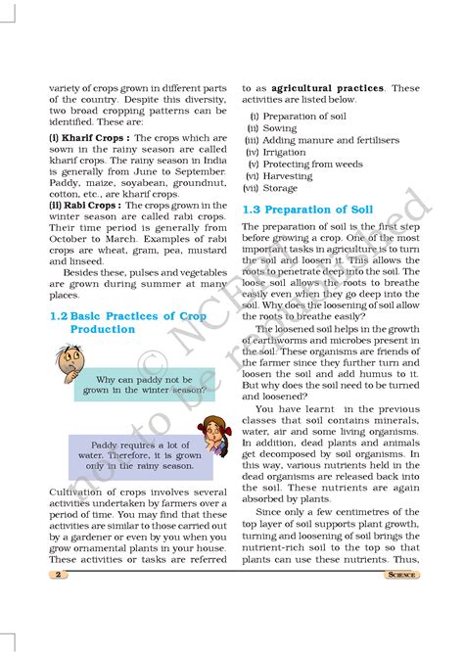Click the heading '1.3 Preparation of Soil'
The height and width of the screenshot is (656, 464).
(x=307, y=211)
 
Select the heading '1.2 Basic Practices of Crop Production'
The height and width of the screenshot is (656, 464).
(x=126, y=322)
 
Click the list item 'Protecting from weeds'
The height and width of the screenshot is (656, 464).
(x=306, y=164)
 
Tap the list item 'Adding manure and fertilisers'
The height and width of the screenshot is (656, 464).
(x=324, y=140)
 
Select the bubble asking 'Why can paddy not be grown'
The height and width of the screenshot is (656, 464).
(x=144, y=384)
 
